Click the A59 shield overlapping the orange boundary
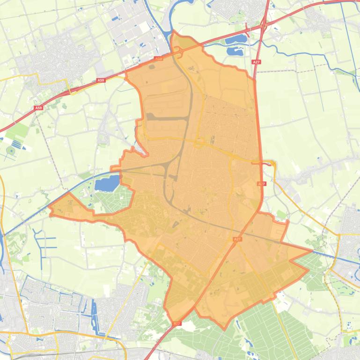[x=158, y=59]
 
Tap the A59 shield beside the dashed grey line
[x=38, y=108]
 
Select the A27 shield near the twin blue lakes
[x=256, y=62]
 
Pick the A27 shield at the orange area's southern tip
[x=176, y=323]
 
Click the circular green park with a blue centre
[x=11, y=151]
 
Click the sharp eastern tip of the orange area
[x=312, y=251]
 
